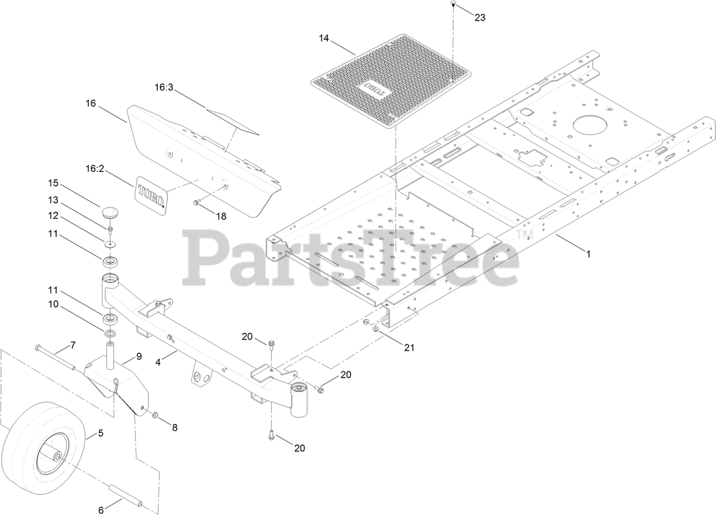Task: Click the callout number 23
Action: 480,17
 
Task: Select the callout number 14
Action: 324,39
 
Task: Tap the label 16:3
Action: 164,87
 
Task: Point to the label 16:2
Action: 95,168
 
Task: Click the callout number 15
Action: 53,183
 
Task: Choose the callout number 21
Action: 409,347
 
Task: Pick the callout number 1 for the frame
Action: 588,253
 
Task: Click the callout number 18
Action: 222,216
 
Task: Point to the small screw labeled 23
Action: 452,4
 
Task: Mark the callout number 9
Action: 139,356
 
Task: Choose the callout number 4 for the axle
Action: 158,363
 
